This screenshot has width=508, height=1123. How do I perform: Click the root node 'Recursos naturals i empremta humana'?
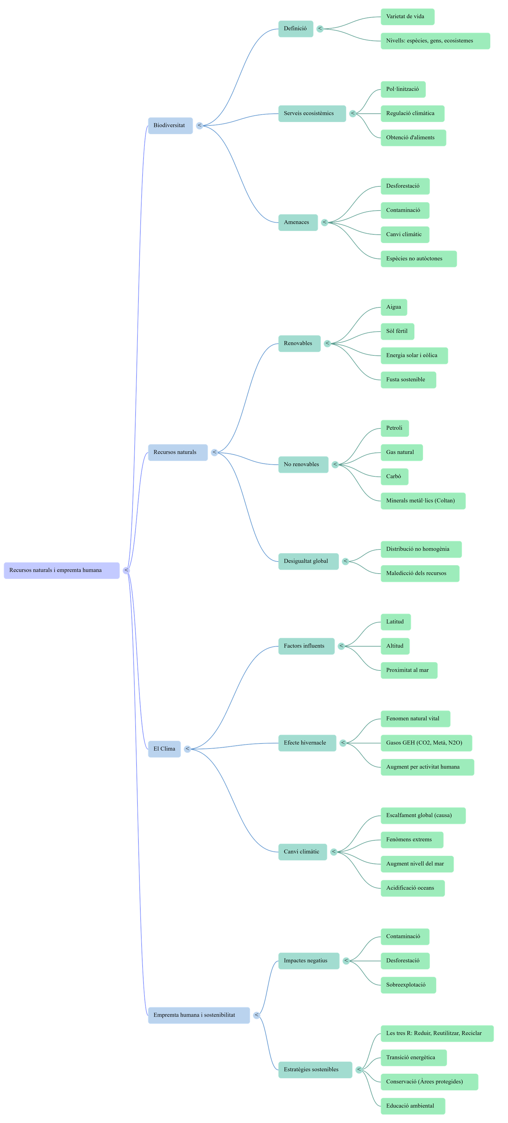[x=61, y=570]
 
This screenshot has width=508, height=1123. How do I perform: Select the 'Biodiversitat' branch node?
[x=170, y=125]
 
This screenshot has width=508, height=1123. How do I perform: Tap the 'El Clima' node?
[x=164, y=749]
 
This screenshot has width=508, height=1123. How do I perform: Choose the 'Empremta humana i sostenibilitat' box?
[x=199, y=1015]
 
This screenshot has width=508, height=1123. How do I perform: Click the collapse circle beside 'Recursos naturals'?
[x=214, y=453]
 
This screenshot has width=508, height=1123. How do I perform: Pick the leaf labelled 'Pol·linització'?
[x=403, y=89]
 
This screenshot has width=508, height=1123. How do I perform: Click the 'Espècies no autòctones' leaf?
[x=418, y=259]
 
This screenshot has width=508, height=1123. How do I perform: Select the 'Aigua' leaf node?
[x=393, y=307]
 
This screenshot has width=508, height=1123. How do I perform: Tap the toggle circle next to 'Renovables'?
[x=328, y=344]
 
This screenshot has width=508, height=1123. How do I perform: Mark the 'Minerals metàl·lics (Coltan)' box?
[x=423, y=501]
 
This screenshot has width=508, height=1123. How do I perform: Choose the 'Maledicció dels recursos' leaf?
[x=419, y=573]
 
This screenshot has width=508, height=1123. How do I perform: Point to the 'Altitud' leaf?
[x=395, y=646]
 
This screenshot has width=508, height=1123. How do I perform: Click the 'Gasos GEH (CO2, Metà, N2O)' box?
[x=426, y=743]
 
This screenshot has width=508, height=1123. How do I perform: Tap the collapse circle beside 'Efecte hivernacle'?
[x=343, y=743]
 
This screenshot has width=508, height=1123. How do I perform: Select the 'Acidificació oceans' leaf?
[x=412, y=888]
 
